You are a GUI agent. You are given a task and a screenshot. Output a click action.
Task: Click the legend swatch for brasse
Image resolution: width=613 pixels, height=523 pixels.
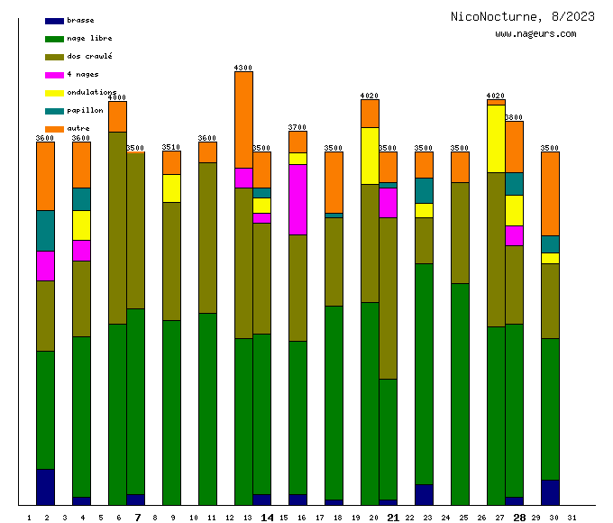click(x=54, y=21)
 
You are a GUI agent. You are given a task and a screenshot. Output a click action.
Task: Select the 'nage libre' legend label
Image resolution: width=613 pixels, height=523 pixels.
click(x=89, y=38)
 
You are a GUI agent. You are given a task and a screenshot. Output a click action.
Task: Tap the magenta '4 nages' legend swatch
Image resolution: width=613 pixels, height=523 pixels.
click(x=54, y=75)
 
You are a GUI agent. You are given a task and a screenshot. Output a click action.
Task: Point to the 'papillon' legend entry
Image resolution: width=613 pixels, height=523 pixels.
click(x=85, y=110)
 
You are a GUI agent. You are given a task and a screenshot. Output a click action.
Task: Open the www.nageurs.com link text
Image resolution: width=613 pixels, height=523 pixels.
click(x=535, y=34)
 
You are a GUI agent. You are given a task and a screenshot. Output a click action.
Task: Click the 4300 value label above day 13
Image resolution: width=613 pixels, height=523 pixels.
click(x=243, y=68)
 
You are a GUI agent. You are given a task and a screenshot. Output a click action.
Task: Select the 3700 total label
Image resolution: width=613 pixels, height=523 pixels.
click(x=297, y=127)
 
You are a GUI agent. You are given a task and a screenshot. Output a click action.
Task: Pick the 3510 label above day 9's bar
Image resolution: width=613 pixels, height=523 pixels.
click(x=171, y=147)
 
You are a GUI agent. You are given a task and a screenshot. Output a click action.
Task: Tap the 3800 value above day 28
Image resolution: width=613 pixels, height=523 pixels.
click(x=514, y=117)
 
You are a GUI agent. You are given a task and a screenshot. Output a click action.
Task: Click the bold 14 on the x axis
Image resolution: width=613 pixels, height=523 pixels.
click(x=267, y=518)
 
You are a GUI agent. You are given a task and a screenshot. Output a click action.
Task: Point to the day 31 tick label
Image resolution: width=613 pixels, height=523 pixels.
click(x=572, y=518)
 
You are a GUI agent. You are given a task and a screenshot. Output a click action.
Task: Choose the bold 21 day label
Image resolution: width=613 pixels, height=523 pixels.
click(x=393, y=518)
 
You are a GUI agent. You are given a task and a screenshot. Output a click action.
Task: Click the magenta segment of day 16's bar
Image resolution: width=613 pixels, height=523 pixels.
click(x=297, y=199)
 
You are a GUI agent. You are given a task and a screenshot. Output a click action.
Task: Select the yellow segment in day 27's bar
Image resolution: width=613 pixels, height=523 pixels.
click(x=496, y=139)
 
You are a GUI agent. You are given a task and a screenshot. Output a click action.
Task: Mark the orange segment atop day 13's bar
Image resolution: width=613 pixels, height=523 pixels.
click(x=243, y=119)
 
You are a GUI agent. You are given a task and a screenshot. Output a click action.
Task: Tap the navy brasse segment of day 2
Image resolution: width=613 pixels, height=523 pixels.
click(x=45, y=487)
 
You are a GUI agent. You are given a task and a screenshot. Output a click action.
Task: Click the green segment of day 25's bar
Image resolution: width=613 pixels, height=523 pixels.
click(x=460, y=394)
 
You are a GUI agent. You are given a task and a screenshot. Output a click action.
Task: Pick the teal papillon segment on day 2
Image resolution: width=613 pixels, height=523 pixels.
click(x=45, y=230)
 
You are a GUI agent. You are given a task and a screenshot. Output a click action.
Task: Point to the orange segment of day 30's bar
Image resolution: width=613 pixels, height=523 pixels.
click(x=550, y=193)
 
